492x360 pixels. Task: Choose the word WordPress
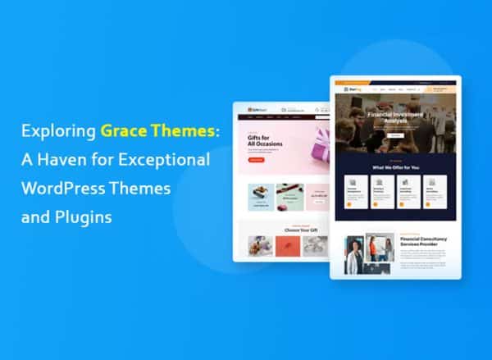pos(69,188)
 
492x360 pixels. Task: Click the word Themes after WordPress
pos(143,188)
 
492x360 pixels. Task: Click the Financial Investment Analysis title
pos(396,119)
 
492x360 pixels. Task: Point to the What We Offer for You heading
pos(395,167)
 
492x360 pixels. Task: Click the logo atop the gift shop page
pos(248,109)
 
